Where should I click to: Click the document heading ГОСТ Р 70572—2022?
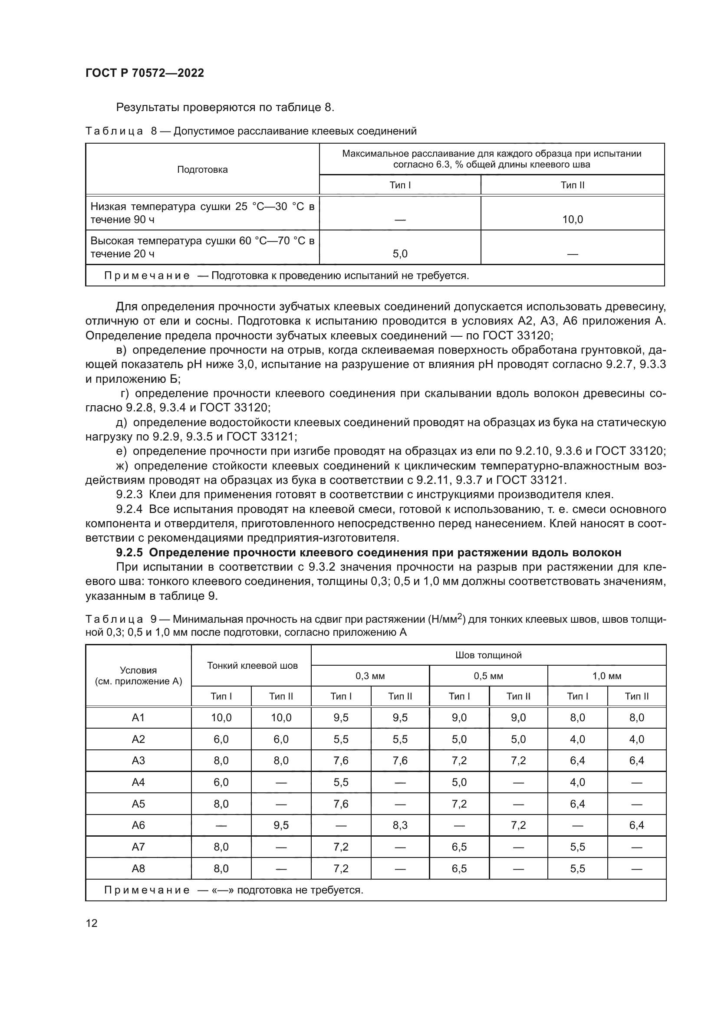tap(145, 73)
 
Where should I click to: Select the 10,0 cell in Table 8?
tap(572, 219)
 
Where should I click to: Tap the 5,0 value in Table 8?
tap(400, 254)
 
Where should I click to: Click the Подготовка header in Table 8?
tap(202, 170)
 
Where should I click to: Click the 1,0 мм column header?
tap(606, 676)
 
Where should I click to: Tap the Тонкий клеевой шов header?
tap(252, 665)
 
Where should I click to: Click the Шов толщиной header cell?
tap(488, 655)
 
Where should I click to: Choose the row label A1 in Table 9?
tap(138, 717)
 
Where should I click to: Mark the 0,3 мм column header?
tap(370, 676)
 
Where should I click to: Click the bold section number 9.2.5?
tap(129, 552)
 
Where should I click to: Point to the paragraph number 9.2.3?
tap(129, 494)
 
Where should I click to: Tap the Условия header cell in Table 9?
tap(138, 676)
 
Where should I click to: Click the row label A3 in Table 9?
tap(138, 760)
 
